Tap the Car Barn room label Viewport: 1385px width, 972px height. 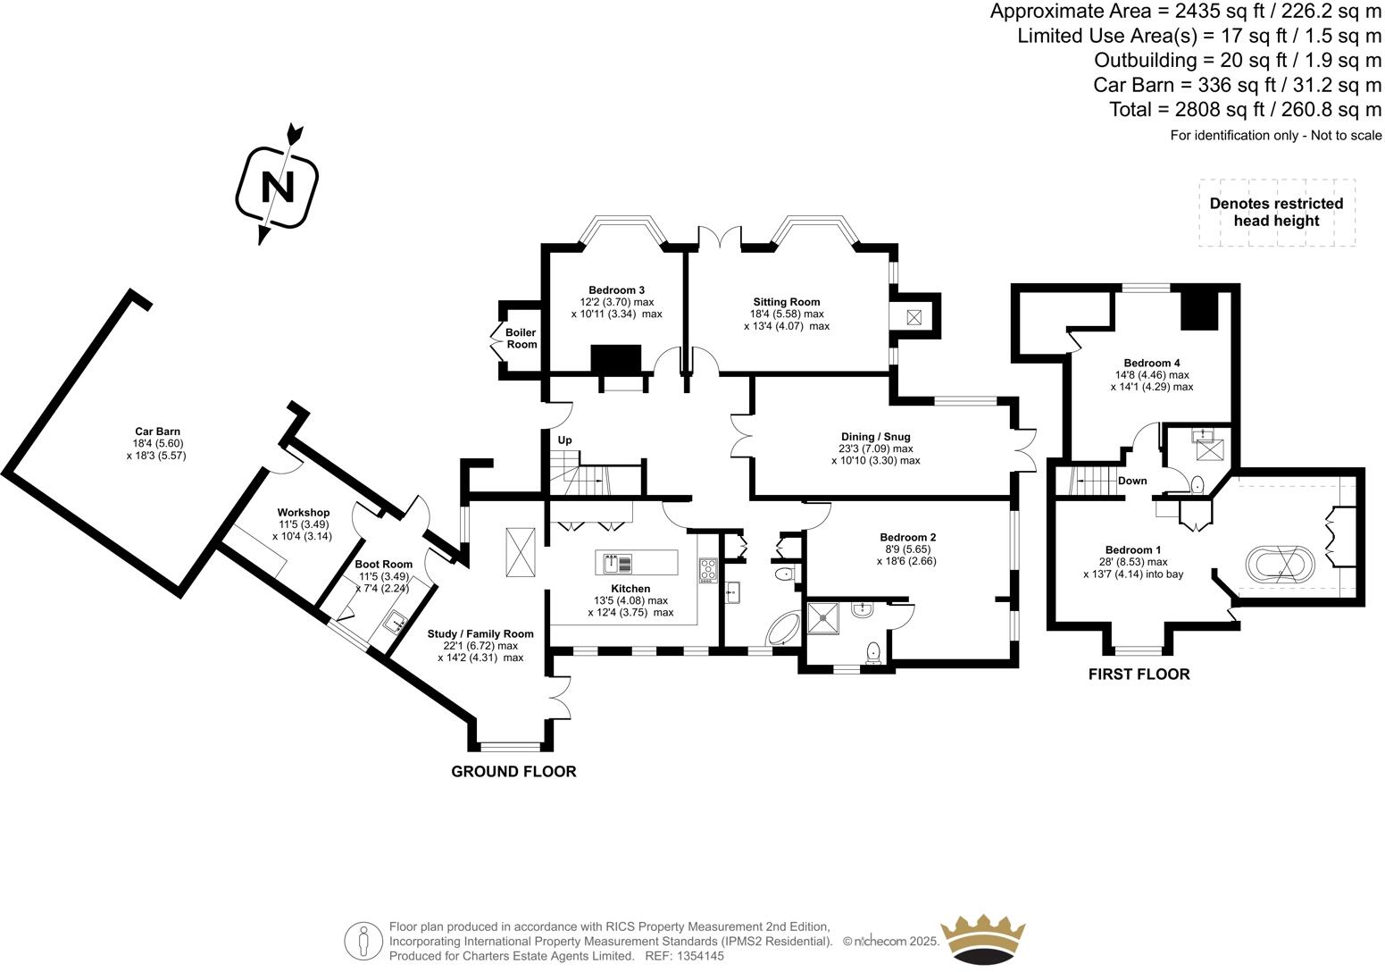tap(157, 432)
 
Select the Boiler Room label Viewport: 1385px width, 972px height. tap(521, 339)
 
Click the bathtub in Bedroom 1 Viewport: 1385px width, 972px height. tap(1280, 564)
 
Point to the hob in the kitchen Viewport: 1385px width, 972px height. tap(707, 569)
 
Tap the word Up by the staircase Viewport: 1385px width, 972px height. tap(564, 440)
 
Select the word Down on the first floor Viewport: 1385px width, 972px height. tap(1132, 481)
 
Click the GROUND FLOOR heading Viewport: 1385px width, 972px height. tap(513, 772)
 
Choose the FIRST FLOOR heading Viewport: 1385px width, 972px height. tap(1139, 675)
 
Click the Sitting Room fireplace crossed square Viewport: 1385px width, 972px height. tap(914, 317)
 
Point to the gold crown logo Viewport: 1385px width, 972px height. tap(984, 941)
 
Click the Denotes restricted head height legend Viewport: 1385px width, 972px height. tap(1276, 213)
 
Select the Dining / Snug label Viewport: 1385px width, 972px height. tap(874, 437)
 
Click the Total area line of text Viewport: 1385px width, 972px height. tap(1245, 110)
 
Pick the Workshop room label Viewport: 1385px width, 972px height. tap(303, 513)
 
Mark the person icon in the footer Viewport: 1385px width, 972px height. tap(363, 941)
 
